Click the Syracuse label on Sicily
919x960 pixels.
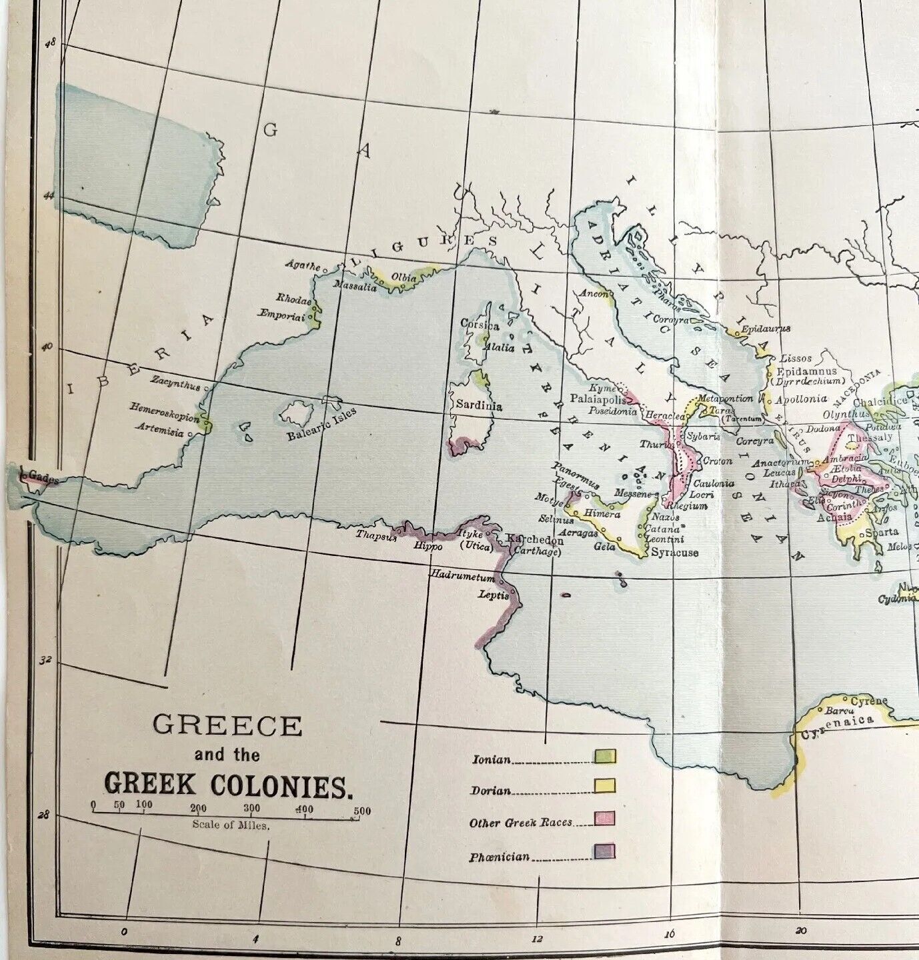(675, 553)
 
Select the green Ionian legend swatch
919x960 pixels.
(605, 756)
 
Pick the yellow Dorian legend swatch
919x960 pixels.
(605, 787)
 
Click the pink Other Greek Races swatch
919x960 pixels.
(605, 819)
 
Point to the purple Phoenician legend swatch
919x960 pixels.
(605, 851)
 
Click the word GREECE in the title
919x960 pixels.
(227, 725)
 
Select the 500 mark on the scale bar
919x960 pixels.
(361, 811)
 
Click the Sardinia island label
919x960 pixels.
(479, 405)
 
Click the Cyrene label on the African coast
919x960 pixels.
(869, 701)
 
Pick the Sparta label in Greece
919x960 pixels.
(882, 533)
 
